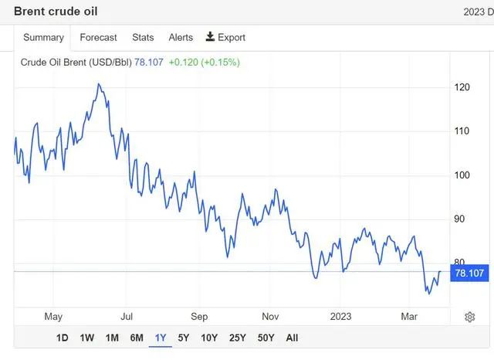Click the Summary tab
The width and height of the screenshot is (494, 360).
point(43,37)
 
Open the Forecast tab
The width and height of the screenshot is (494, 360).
point(98,37)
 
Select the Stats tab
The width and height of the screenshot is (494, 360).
point(143,37)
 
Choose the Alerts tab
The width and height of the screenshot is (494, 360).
point(181,37)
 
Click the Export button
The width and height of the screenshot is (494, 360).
point(225,37)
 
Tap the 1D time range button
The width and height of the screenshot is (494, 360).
point(63,338)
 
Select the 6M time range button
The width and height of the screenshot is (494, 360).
point(137,338)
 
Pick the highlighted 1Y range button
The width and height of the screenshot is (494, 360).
point(161,338)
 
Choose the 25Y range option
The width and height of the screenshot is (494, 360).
point(237,338)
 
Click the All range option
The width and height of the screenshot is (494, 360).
point(292,338)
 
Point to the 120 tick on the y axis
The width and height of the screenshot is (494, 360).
point(462,87)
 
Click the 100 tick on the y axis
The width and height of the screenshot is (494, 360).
point(462,175)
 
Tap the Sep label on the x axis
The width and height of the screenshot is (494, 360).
point(200,316)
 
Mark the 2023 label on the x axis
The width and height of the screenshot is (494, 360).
point(340,316)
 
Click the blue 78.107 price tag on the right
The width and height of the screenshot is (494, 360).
point(469,273)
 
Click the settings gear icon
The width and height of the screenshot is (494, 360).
point(469,317)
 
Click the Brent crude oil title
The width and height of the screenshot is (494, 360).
point(56,12)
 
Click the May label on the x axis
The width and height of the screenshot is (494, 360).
point(53,316)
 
